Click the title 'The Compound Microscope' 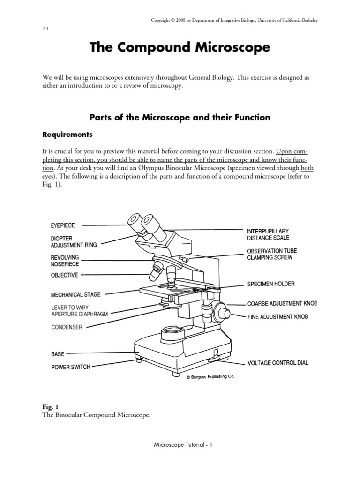(x=180, y=48)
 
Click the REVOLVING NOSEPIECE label (x=65, y=261)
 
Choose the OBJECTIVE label (x=64, y=275)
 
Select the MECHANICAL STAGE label (x=75, y=295)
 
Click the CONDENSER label (x=67, y=327)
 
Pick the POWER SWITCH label (x=70, y=367)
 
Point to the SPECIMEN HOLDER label (x=271, y=285)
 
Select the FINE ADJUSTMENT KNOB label (x=277, y=317)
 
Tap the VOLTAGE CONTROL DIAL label (x=278, y=363)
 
